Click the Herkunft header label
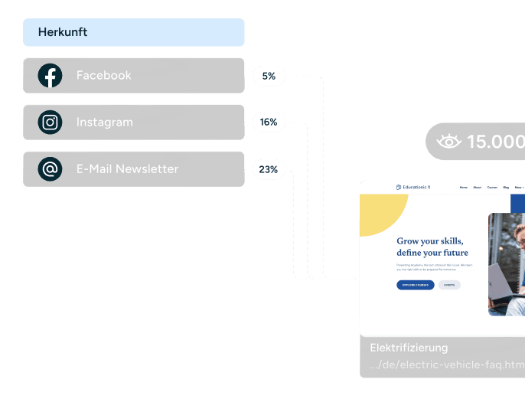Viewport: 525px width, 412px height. coord(63,32)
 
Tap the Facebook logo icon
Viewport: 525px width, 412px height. coord(51,76)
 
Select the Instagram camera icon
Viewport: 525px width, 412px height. coord(51,123)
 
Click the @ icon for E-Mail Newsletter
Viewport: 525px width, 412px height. coord(51,169)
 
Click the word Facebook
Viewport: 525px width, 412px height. coord(103,76)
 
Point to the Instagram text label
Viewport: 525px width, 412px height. coord(104,123)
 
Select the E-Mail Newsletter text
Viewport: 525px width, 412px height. coord(127,169)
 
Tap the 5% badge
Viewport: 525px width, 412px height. coord(269,76)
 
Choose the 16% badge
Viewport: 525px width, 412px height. coord(269,123)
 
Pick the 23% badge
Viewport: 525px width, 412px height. coord(269,169)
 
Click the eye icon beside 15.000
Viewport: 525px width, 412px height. coord(449,142)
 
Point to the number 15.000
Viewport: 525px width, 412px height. coord(495,142)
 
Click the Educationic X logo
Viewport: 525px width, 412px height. coord(413,187)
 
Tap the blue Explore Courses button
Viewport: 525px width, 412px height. coord(416,285)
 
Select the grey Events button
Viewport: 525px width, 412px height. coord(449,285)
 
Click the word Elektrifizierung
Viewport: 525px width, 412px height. coord(409,348)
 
